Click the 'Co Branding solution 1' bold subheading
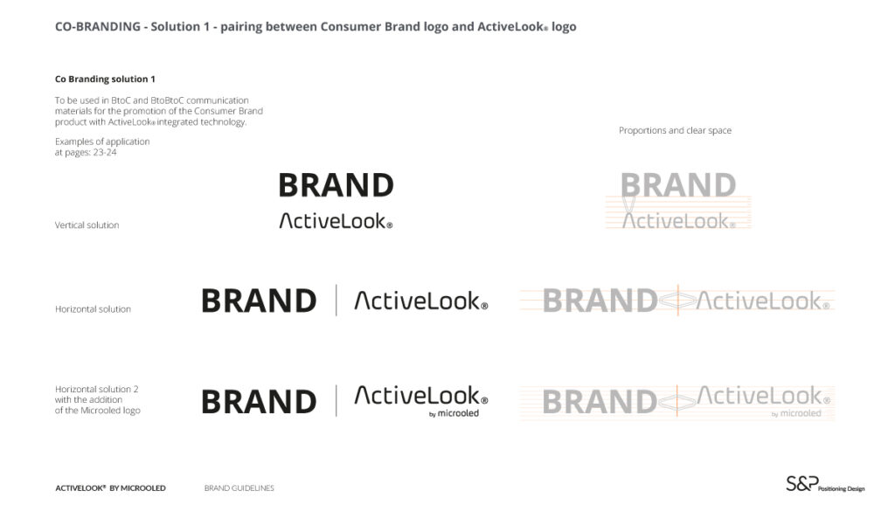pos(105,79)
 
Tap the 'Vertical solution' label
pos(87,225)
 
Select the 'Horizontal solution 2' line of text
pos(96,389)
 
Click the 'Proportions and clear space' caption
pos(675,130)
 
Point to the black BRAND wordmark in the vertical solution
pos(336,185)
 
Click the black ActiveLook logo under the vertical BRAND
pos(336,221)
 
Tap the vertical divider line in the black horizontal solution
pos(336,301)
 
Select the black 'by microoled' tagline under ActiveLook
pos(454,413)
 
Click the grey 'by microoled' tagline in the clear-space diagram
pos(796,413)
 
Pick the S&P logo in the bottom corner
pos(802,484)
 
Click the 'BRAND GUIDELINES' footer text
pos(239,488)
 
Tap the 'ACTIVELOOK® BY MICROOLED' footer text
pos(110,488)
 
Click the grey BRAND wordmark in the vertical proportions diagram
pos(678,185)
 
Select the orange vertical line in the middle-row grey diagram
pos(677,301)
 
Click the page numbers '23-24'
pos(105,152)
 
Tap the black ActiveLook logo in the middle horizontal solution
pos(421,301)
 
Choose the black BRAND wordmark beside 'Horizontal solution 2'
pos(259,402)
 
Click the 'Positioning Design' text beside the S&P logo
pos(842,488)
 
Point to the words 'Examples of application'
pos(102,142)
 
